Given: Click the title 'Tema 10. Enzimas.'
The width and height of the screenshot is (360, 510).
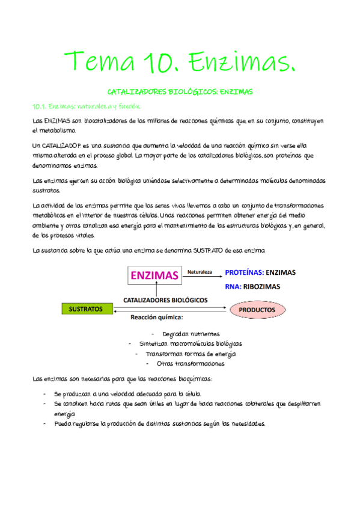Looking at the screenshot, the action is (180, 61).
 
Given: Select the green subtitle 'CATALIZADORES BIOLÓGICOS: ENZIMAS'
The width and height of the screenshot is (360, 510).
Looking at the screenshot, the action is (180, 92).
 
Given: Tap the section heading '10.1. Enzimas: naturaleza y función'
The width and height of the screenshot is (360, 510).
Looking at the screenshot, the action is (85, 106).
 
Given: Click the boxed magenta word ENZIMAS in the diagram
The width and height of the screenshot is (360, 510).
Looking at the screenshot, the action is (154, 275).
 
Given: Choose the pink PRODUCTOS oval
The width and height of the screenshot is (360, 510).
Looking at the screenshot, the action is (257, 310).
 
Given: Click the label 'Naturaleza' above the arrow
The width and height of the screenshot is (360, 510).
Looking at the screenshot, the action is (200, 272).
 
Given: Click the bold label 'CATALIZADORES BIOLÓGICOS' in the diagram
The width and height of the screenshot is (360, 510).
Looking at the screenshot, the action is (165, 300).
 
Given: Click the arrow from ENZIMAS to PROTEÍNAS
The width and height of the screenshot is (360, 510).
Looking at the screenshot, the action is (202, 278).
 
